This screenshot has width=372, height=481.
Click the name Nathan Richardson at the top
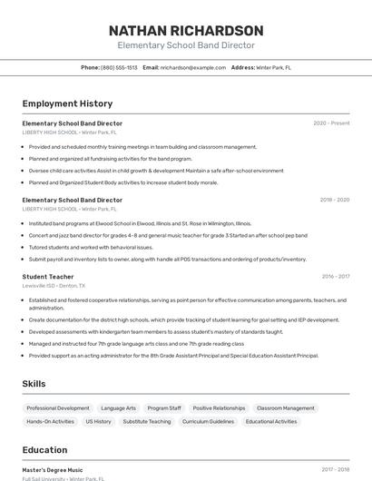point(186,30)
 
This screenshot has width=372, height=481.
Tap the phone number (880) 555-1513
point(119,67)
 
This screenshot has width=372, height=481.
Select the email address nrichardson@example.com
point(193,67)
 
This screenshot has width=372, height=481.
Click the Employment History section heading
point(67,103)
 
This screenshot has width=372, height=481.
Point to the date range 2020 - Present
point(331,123)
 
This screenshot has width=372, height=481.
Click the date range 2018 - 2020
point(335,200)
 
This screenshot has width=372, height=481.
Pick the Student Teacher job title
point(48,276)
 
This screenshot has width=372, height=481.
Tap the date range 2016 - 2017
point(335,276)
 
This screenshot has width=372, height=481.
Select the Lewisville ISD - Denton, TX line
point(54,285)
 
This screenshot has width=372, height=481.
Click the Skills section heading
point(34,384)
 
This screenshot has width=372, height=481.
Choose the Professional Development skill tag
point(58,408)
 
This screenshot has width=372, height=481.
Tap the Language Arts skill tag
point(118,408)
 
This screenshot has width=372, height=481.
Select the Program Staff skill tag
point(164,408)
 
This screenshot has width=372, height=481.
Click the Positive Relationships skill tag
point(219,408)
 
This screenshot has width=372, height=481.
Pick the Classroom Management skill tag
point(286,408)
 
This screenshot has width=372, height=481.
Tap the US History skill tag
point(98,421)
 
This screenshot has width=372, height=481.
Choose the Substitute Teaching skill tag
point(146,421)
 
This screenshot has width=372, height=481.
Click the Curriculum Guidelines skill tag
point(208,421)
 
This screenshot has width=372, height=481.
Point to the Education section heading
point(44,450)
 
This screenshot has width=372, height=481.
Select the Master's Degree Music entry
point(53,469)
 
